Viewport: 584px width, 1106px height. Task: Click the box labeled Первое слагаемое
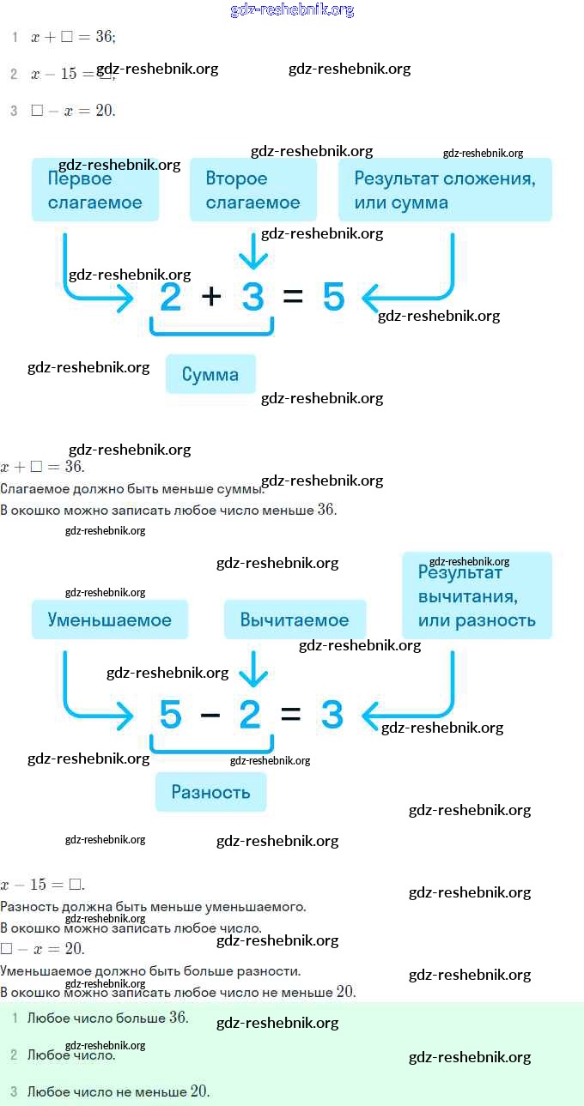point(94,190)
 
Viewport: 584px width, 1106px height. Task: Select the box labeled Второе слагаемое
point(252,190)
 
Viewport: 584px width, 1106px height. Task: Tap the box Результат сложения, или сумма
point(445,190)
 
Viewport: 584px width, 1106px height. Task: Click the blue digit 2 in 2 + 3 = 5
point(171,298)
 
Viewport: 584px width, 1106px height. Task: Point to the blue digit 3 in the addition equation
point(252,298)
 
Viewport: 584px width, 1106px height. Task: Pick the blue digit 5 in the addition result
point(334,298)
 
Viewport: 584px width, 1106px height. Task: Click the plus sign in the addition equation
point(211,298)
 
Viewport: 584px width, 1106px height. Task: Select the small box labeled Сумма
point(210,374)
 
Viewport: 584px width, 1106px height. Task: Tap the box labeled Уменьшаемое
point(110,619)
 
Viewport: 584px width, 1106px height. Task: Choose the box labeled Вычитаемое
point(295,619)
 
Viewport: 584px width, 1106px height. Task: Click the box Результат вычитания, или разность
point(477,596)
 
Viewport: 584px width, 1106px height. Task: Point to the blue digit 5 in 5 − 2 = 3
point(171,715)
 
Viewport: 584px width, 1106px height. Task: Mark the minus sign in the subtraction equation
point(210,715)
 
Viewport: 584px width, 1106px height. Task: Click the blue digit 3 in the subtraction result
point(332,715)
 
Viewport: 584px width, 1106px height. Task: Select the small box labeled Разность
point(210,792)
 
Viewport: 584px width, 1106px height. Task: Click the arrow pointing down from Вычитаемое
point(252,668)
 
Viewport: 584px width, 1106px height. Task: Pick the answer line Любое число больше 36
point(107,1018)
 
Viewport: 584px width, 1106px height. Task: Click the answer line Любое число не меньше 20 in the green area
point(119,1091)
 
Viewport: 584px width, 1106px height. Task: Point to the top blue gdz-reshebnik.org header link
point(292,10)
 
